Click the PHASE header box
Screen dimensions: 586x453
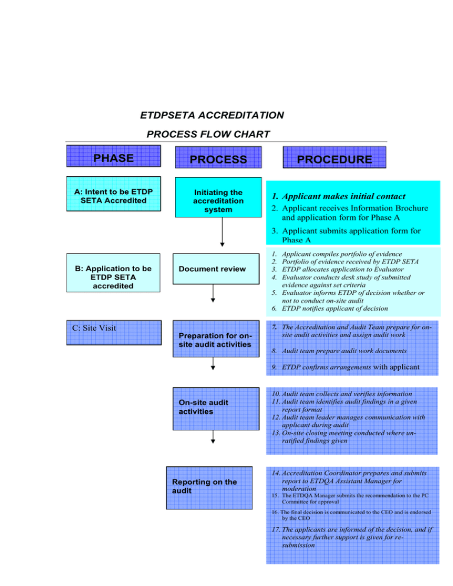pos(113,158)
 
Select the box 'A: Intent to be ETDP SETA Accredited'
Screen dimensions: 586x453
pos(113,193)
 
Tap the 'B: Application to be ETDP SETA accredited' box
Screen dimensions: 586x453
pos(113,277)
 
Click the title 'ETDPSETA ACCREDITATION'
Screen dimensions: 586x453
pos(212,114)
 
